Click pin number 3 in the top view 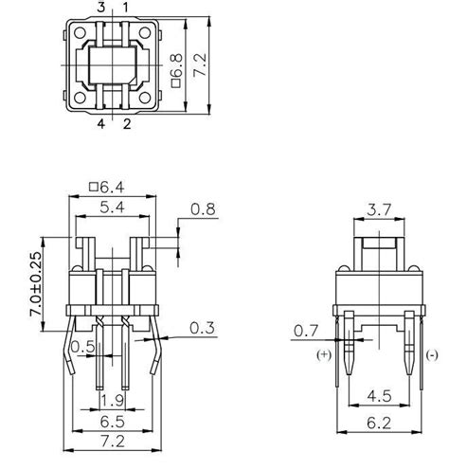[101, 8]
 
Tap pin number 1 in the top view [125, 8]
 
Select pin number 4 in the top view [101, 122]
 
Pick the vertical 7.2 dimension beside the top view [199, 65]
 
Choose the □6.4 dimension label [112, 185]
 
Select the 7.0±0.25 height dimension [36, 285]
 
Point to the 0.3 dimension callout [201, 328]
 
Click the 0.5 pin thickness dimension [82, 347]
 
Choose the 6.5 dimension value [112, 419]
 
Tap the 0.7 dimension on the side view [305, 331]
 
